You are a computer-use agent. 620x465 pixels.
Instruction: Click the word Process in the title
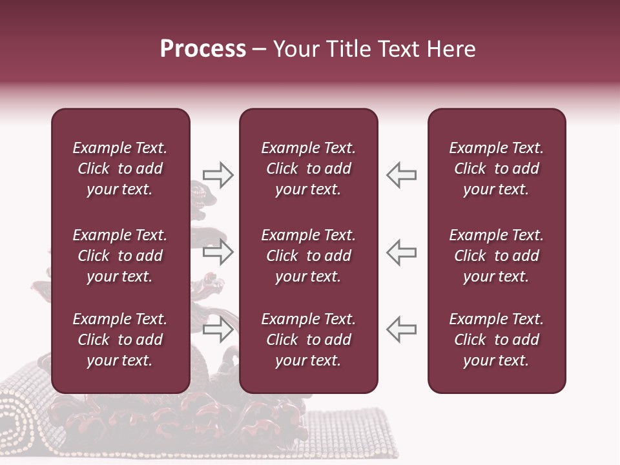pos(203,49)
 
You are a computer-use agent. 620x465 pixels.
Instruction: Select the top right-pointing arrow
pos(218,175)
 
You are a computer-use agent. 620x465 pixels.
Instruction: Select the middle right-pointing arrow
pos(218,252)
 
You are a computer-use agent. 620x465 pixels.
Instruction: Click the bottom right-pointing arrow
pos(218,330)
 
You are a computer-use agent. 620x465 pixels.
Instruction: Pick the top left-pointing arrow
pos(401,175)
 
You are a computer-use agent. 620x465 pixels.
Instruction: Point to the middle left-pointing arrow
pos(401,252)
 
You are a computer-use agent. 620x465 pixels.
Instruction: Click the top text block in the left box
pos(120,169)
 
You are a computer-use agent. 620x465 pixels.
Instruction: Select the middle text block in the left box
pos(120,256)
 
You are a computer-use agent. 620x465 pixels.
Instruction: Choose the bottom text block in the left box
pos(120,340)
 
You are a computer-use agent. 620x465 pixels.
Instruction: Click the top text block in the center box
pos(308,169)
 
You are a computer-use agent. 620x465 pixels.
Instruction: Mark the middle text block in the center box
pos(308,256)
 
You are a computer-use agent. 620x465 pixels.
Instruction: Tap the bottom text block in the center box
pos(308,340)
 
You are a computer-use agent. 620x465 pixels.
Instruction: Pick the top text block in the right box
pos(496,169)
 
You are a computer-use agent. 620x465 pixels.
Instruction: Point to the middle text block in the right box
pos(496,256)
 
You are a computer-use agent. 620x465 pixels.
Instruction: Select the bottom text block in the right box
pos(496,340)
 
